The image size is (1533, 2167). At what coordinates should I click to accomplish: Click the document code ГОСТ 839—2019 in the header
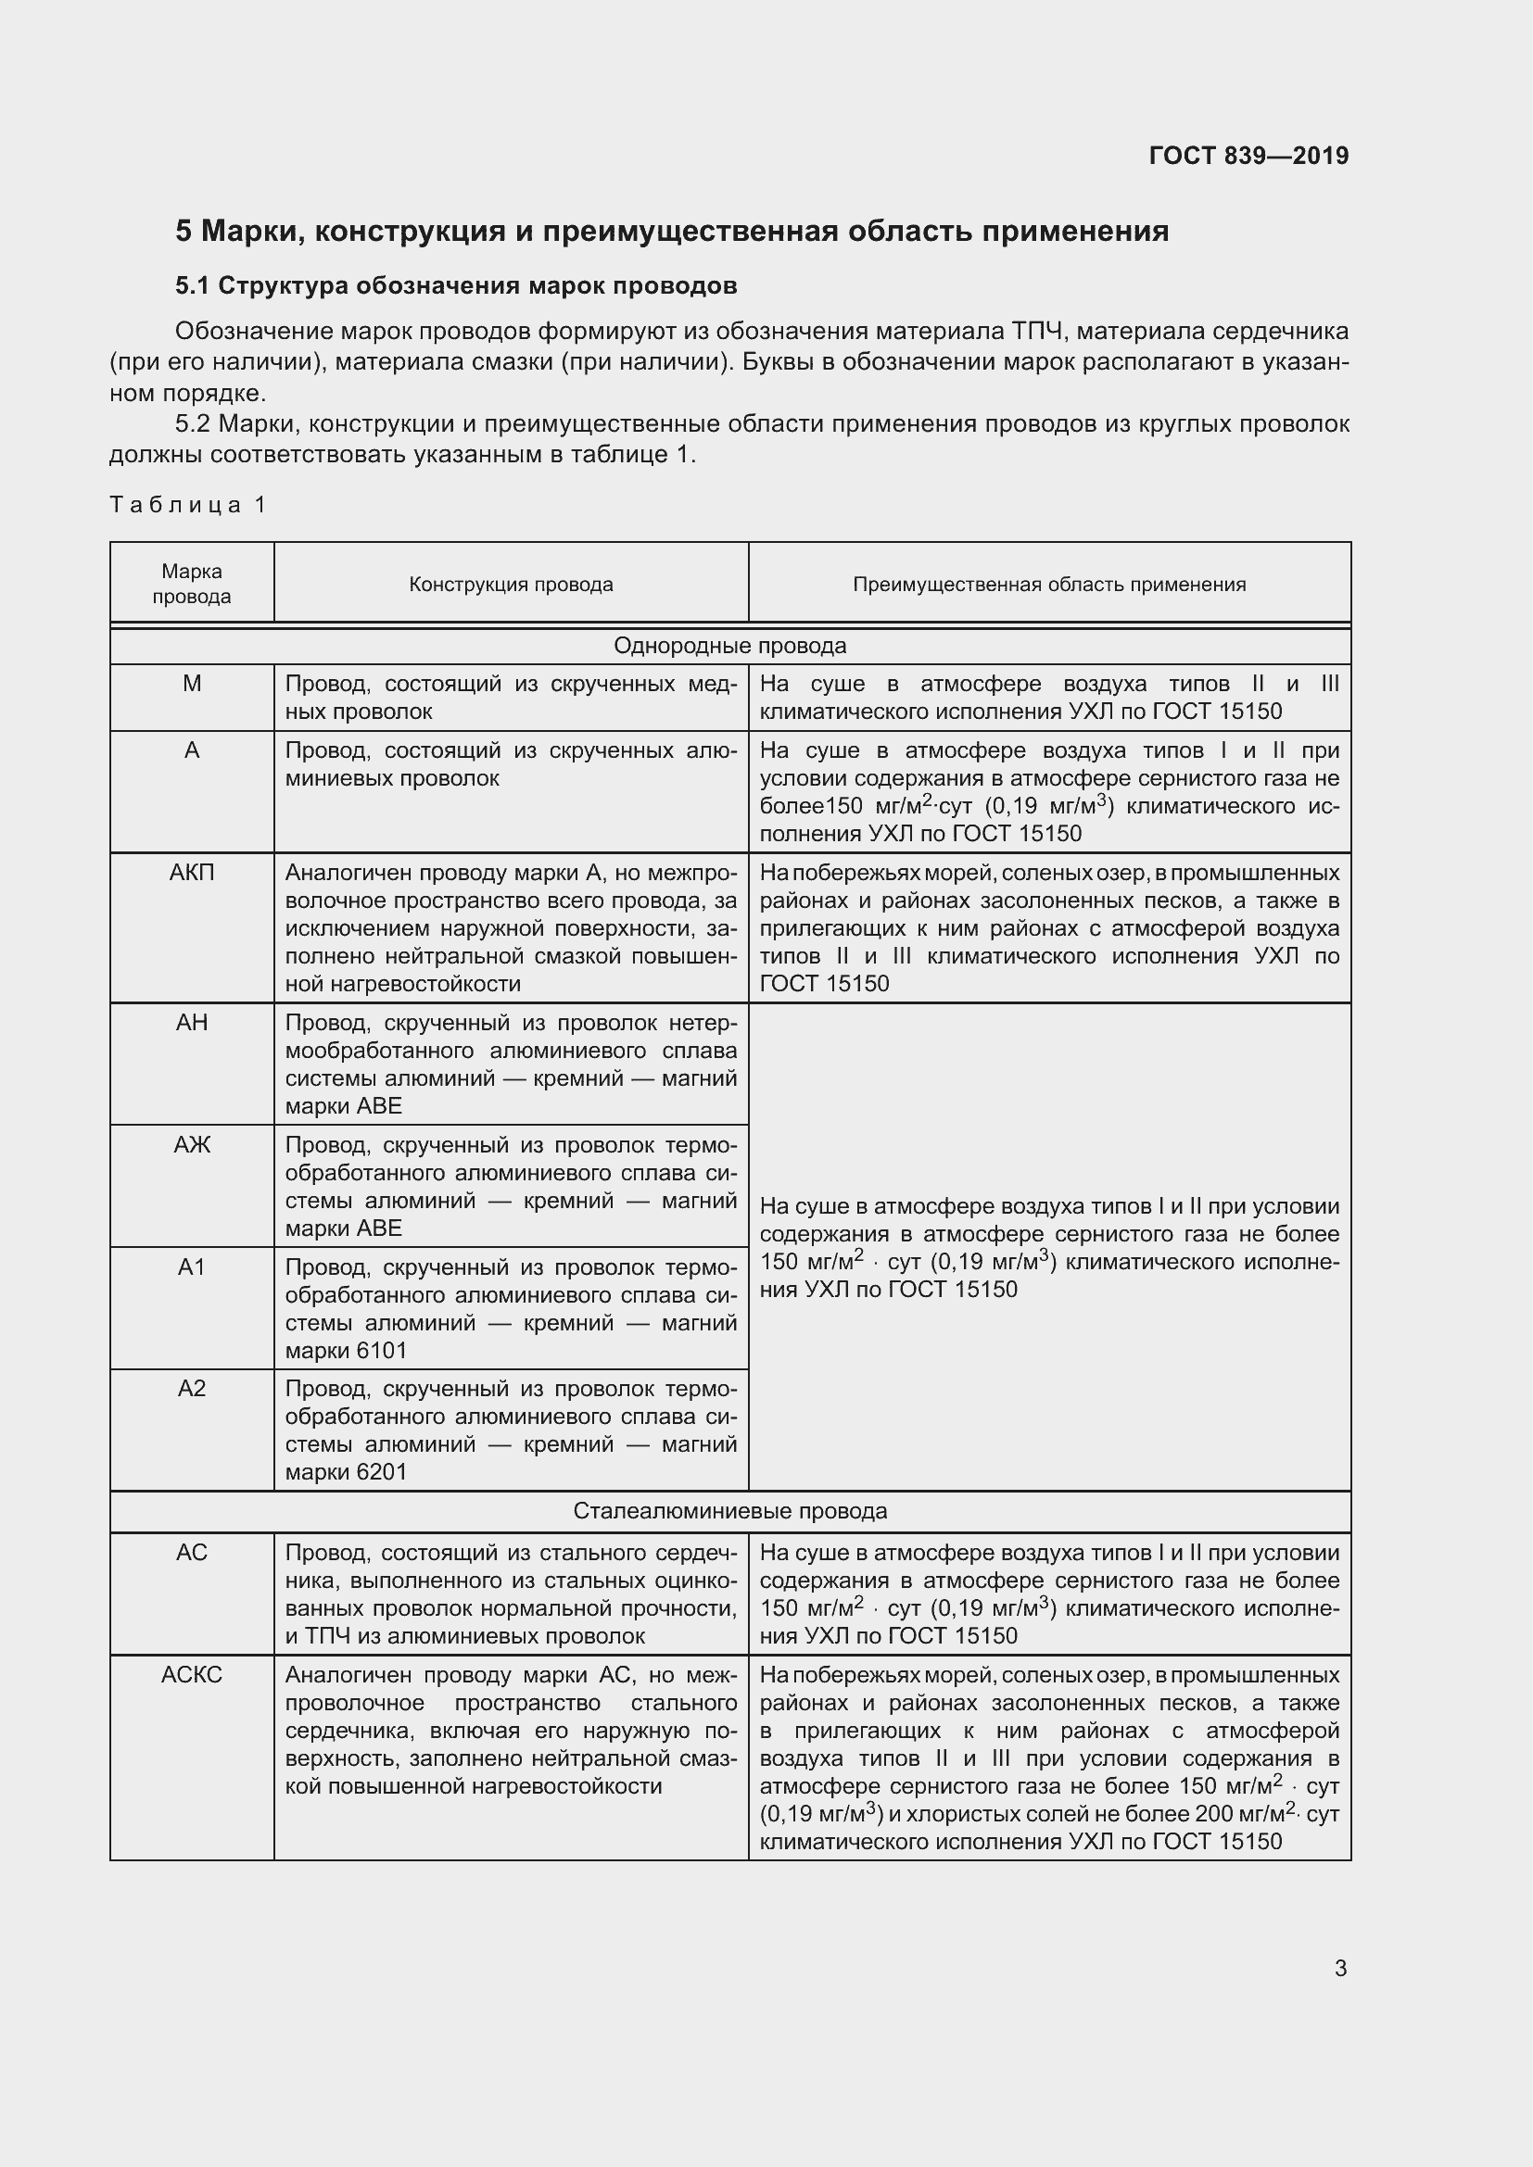pos(1248,156)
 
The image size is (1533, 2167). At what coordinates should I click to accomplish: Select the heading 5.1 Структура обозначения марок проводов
pos(456,286)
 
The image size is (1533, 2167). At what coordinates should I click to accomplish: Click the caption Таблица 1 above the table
pos(188,505)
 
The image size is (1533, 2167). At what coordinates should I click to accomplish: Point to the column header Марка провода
pos(192,584)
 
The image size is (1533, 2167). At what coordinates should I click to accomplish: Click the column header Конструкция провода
pos(511,585)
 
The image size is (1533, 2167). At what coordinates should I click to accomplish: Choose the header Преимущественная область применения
pos(1049,585)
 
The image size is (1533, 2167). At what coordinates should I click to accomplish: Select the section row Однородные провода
pos(729,646)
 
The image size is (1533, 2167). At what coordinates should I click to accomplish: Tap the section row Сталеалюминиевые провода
pos(729,1511)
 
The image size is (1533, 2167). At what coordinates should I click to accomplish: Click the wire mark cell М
pos(192,684)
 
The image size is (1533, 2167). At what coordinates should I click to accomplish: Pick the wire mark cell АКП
pos(192,872)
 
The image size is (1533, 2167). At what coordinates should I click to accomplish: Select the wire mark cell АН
pos(192,1022)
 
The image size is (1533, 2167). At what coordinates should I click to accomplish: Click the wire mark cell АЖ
pos(192,1145)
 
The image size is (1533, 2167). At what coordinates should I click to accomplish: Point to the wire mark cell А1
pos(192,1266)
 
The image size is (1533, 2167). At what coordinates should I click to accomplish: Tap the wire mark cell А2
pos(192,1389)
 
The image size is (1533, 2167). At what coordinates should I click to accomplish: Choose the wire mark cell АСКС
pos(192,1674)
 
